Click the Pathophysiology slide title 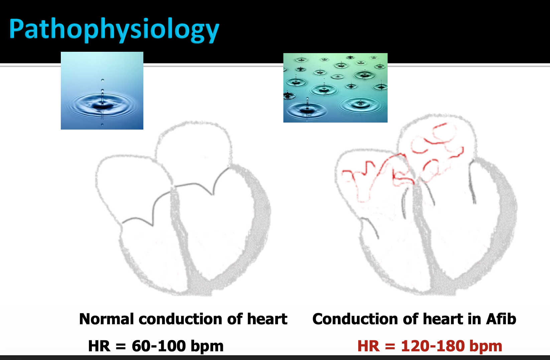[114, 30]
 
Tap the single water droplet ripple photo [102, 91]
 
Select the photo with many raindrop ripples [335, 87]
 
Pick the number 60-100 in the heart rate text [159, 346]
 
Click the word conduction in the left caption [180, 319]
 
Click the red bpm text [486, 347]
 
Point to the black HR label [99, 346]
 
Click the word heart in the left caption [267, 319]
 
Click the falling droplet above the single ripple [103, 80]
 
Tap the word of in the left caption [235, 319]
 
